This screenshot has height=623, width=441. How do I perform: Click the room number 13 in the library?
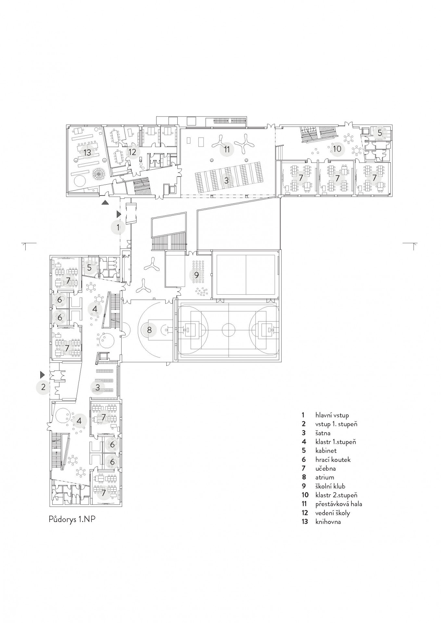[x=87, y=152]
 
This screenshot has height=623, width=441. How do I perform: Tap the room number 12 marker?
[x=132, y=152]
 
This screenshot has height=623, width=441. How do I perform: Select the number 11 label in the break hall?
[x=227, y=149]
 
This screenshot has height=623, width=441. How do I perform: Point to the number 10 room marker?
[x=337, y=149]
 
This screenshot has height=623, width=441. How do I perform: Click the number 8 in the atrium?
[x=149, y=330]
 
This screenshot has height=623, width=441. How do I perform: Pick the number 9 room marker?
[x=196, y=275]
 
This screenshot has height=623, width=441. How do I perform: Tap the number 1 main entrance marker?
[x=118, y=227]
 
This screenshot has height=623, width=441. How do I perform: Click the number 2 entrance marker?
[x=43, y=387]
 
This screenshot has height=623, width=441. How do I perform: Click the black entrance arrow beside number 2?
[x=42, y=375]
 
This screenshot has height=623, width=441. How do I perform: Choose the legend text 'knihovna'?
[x=328, y=522]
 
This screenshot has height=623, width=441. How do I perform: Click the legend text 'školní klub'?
[x=330, y=486]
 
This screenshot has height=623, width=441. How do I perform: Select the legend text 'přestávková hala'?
[x=338, y=504]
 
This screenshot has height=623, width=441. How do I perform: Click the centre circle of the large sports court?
[x=228, y=330]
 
